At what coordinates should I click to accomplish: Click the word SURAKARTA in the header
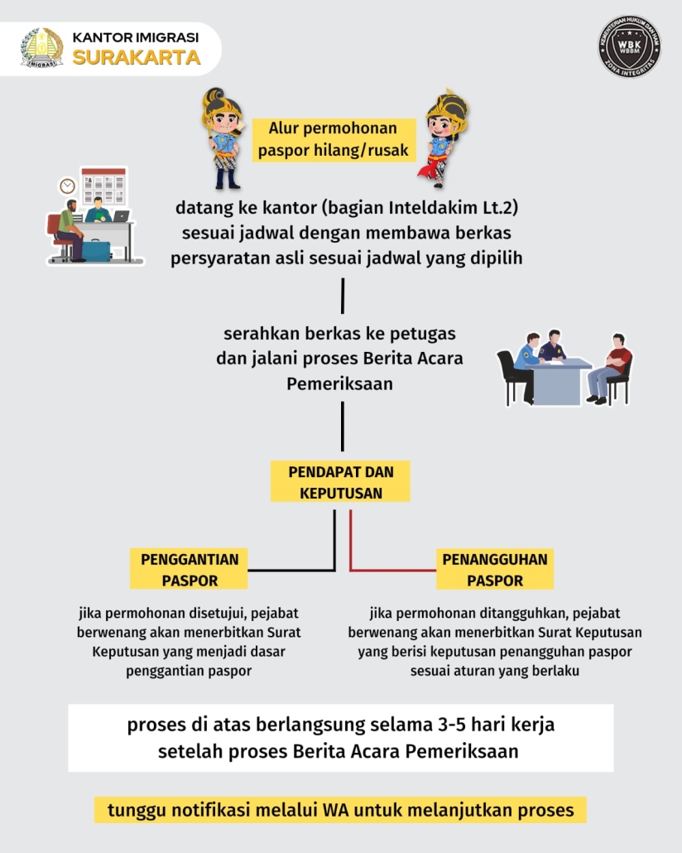137,58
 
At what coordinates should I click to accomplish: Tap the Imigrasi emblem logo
42,48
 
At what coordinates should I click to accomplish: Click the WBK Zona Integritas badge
629,46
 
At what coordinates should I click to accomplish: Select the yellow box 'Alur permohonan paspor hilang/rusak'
334,140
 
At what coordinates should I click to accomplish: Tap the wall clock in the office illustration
67,186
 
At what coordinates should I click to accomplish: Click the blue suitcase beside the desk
96,251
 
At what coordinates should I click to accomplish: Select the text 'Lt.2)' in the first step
501,207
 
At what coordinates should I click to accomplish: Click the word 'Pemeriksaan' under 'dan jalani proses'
340,384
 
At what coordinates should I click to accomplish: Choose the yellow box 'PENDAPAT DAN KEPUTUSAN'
340,482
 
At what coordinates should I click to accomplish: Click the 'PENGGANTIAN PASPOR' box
190,569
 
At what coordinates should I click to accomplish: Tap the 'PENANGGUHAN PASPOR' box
495,569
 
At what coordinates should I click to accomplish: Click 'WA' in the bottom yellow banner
335,810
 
